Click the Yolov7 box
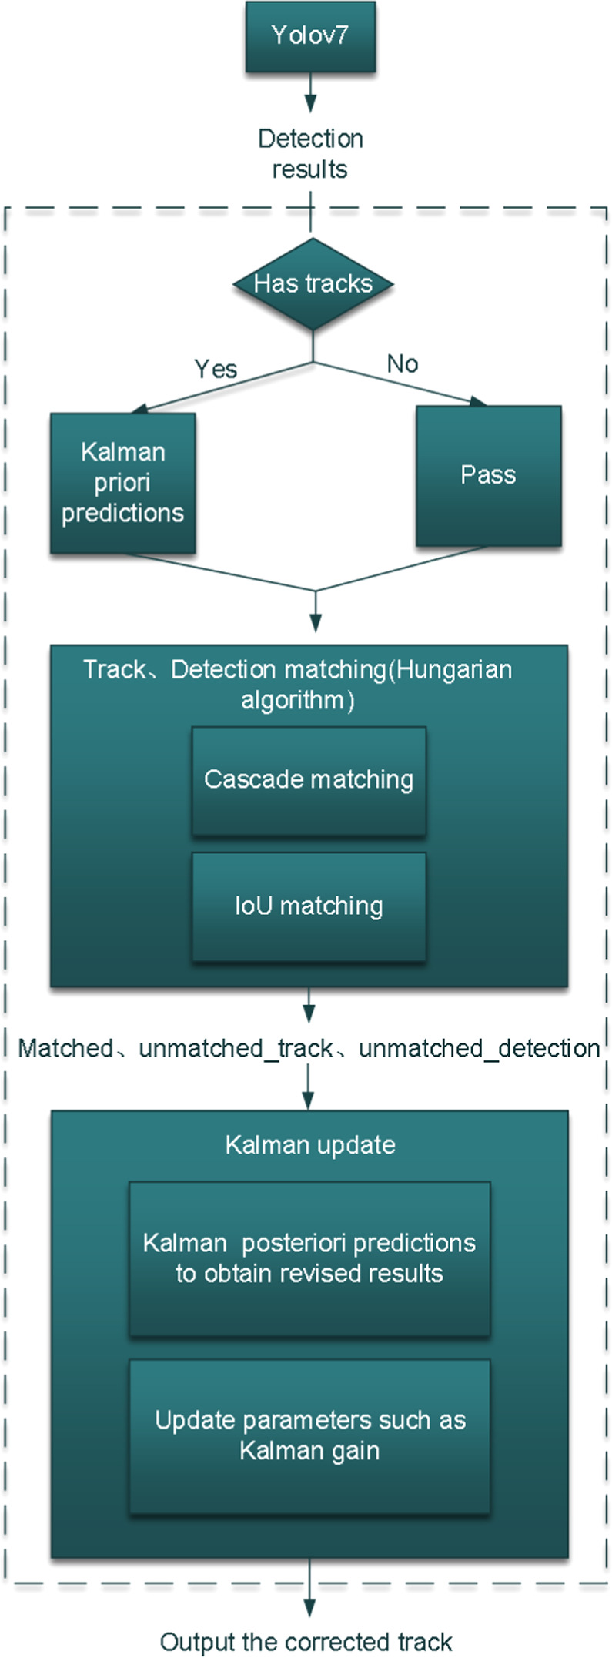(x=310, y=37)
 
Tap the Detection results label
(x=310, y=154)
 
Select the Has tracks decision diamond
(x=313, y=284)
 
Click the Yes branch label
(x=216, y=370)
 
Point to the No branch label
(x=403, y=363)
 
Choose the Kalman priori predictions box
(x=122, y=483)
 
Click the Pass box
(x=488, y=476)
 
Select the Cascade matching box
(x=309, y=780)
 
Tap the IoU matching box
(x=309, y=906)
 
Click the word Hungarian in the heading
(x=453, y=670)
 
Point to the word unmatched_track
(x=236, y=1049)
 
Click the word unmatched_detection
(x=479, y=1049)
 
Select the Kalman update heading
(x=310, y=1145)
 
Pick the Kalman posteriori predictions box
(x=309, y=1258)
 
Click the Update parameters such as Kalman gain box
(x=309, y=1436)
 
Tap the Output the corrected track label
(x=306, y=1642)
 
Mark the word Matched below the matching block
(x=65, y=1049)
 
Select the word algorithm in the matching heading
(x=293, y=701)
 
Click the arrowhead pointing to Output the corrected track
(x=309, y=1608)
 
